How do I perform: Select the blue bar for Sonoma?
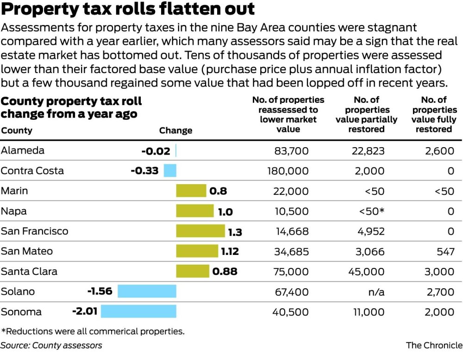tap(138, 311)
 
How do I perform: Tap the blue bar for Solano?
tap(147, 291)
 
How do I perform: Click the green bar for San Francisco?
tap(200, 231)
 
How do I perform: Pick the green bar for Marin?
tap(191, 191)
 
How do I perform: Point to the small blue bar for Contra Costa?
tap(170, 171)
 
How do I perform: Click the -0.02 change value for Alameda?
tap(156, 151)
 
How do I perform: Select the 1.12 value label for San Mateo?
tap(230, 251)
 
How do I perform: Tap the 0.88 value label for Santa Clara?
tap(225, 272)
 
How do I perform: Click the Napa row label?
tap(14, 211)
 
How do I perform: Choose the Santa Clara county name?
tap(29, 272)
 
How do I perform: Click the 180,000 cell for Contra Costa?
tap(288, 171)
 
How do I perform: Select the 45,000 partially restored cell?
tap(366, 272)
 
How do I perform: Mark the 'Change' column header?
tap(175, 131)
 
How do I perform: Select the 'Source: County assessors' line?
tap(51, 345)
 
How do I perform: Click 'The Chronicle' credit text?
tap(434, 345)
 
